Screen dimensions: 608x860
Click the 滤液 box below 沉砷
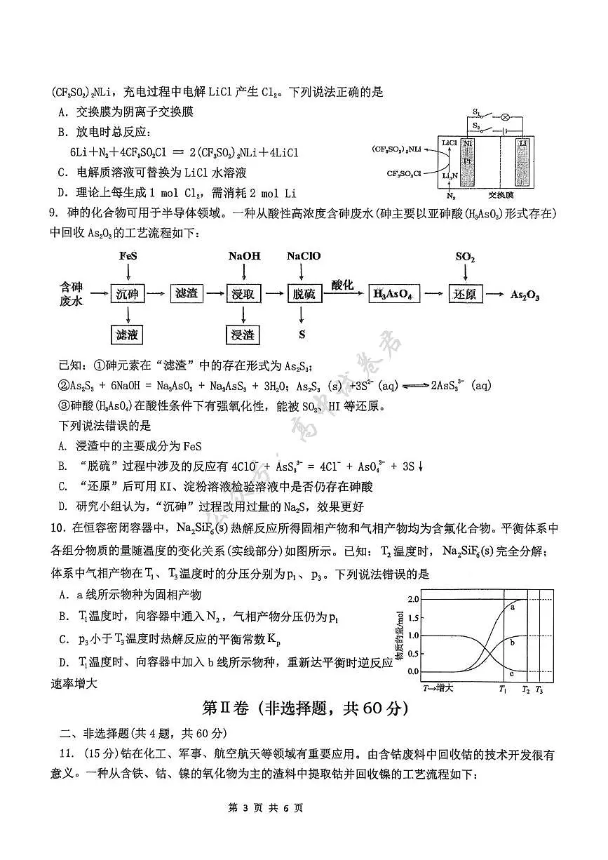(127, 335)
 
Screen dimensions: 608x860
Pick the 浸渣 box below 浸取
(242, 335)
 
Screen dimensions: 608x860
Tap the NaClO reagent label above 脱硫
(303, 256)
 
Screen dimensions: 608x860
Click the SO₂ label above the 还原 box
(465, 257)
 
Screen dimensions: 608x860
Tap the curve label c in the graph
(511, 674)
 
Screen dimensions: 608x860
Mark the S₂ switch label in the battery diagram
(477, 126)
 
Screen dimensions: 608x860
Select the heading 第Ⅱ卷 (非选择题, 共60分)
(304, 708)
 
